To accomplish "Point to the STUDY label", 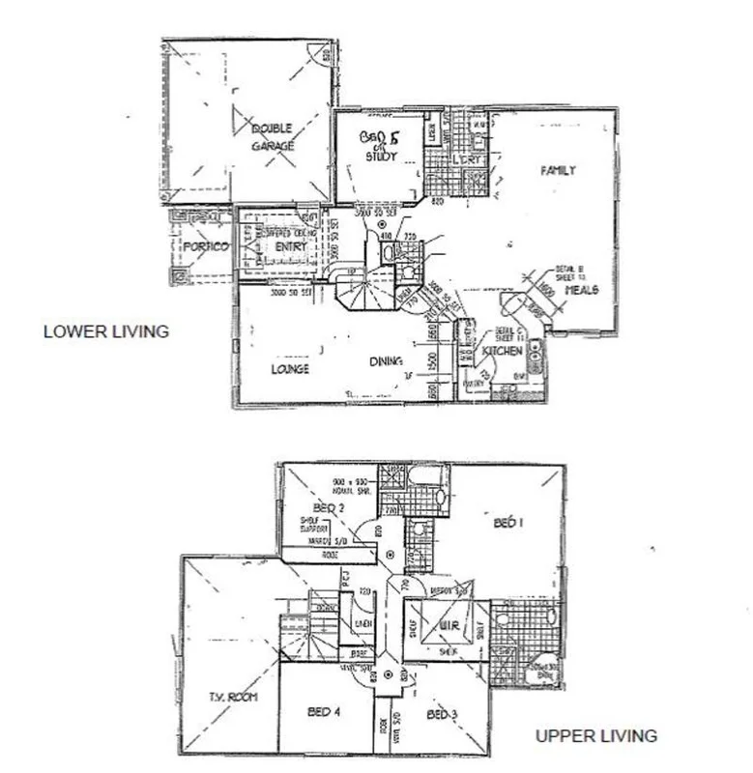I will click(384, 156).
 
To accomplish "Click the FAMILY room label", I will click(558, 170).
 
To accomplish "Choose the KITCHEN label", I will click(502, 351).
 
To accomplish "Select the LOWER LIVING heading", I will click(106, 330).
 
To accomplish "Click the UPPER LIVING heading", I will click(596, 736).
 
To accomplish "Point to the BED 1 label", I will click(508, 523).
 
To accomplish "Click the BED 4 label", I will click(323, 713).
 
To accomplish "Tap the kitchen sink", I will click(536, 360).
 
